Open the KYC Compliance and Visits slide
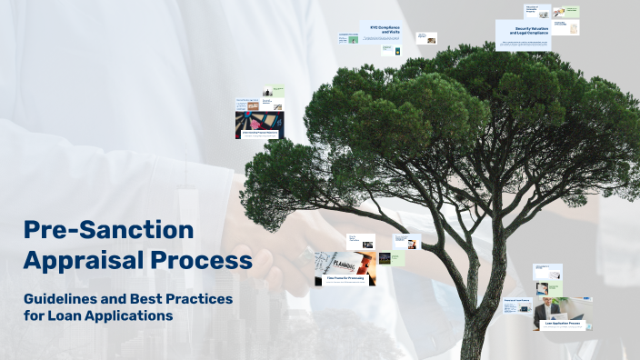(x=380, y=33)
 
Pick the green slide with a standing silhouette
(x=273, y=92)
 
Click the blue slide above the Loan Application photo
(x=548, y=273)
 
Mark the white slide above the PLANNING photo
(x=360, y=241)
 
